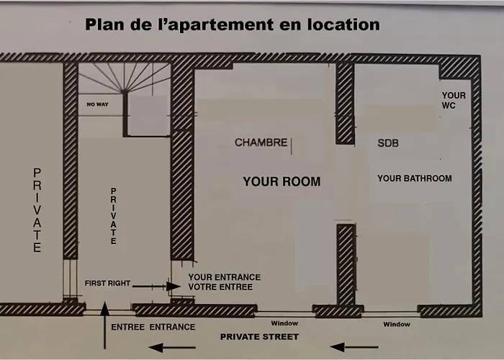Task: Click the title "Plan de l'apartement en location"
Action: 233,24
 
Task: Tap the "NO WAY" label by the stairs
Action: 97,104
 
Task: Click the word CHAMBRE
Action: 261,143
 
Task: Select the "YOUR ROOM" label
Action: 281,181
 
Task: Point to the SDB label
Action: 388,143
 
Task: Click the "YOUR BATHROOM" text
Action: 414,178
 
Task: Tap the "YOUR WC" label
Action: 454,100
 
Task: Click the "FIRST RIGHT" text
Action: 107,283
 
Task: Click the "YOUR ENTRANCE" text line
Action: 224,277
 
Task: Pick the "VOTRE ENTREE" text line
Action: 220,287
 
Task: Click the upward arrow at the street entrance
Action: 104,318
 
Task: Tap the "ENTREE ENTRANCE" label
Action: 153,327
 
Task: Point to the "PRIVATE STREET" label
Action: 259,336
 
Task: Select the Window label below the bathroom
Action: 396,324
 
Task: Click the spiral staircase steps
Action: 126,78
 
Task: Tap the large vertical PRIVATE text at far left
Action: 37,210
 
